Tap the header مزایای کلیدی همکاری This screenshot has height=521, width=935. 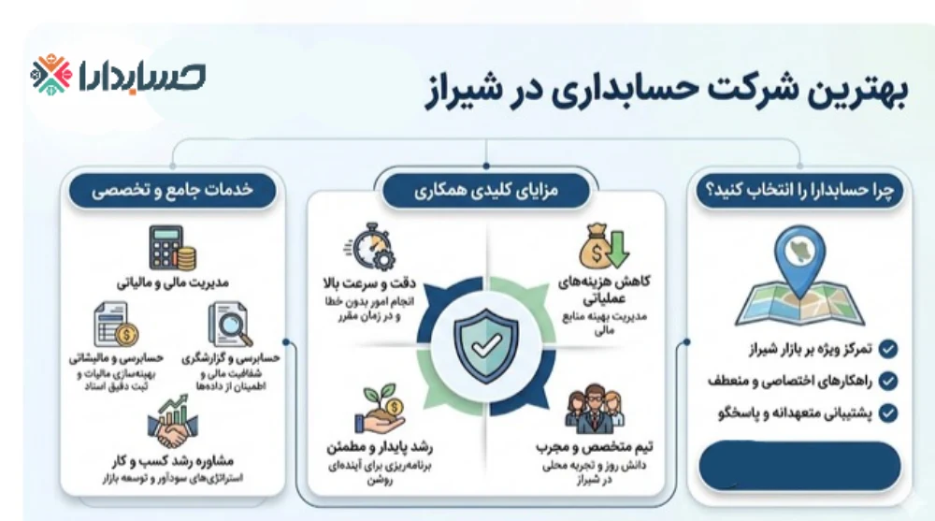pos(484,192)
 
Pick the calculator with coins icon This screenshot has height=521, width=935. pos(171,249)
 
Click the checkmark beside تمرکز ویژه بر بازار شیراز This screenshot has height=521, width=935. pos(888,350)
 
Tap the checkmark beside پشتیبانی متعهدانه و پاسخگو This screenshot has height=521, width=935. pos(888,412)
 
